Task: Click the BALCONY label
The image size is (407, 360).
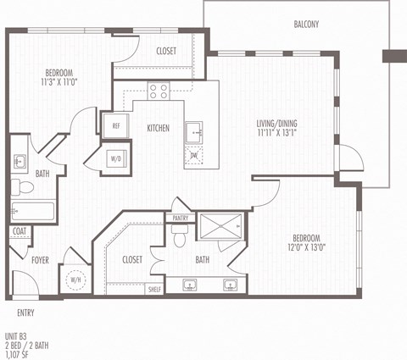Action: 305,24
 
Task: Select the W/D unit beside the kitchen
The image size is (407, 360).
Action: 114,158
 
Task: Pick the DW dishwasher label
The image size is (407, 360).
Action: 194,155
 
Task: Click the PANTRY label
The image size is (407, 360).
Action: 180,218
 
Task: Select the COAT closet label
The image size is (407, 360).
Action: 20,231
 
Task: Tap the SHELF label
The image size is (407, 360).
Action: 154,289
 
